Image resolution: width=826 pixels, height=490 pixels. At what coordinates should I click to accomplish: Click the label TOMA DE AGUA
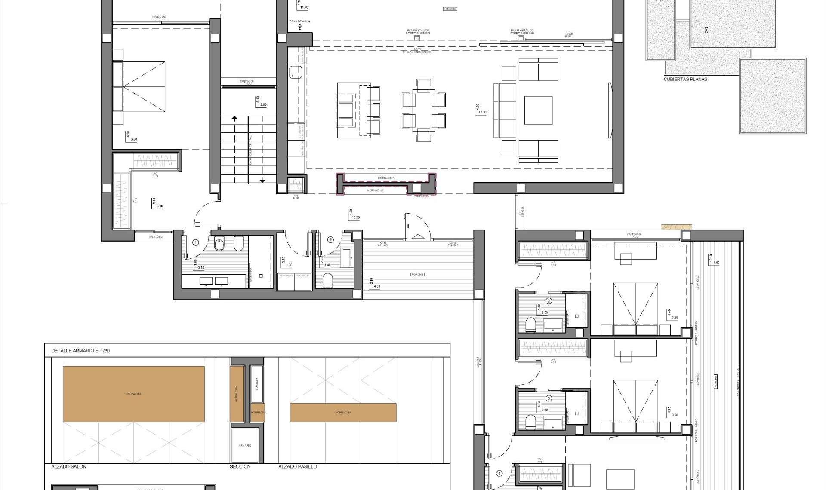coord(299,21)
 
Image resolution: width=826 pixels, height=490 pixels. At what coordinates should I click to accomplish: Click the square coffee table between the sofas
coord(538,110)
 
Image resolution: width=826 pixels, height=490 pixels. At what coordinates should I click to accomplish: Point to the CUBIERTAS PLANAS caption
coord(685,79)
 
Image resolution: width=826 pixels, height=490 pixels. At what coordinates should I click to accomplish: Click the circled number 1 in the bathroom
coord(196,243)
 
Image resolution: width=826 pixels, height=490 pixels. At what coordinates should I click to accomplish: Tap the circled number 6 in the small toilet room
coord(330,239)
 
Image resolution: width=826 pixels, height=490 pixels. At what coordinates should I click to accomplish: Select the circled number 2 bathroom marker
coord(549,301)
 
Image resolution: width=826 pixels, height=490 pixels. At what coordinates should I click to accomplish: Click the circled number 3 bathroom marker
coord(549,398)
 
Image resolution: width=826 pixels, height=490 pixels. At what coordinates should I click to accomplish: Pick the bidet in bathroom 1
coord(219,245)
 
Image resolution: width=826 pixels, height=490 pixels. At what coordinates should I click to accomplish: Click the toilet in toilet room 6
coord(328,280)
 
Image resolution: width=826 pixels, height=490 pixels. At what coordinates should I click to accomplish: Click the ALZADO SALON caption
coord(69,466)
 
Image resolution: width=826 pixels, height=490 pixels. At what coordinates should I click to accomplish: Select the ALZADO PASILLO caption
coord(297,466)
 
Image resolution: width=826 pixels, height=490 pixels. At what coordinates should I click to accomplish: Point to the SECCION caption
coord(240,466)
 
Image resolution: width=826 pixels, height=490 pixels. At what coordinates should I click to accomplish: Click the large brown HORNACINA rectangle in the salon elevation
coord(133,394)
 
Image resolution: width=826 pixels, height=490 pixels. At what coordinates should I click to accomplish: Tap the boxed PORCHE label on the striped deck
coord(417,274)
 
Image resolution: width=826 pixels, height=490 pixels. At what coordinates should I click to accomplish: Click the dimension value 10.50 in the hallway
coord(355,217)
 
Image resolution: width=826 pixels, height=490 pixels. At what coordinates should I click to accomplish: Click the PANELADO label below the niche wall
coord(421,196)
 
